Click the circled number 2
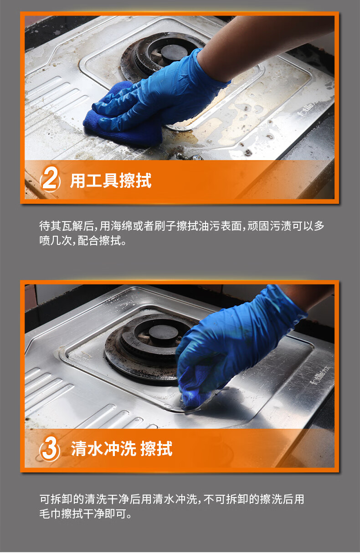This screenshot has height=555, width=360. coord(50,180)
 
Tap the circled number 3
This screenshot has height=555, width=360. coord(50,448)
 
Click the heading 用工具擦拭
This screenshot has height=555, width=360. coord(111,181)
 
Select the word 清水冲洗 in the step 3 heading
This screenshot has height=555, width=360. coord(103,449)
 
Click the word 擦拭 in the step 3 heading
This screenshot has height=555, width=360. coord(156,449)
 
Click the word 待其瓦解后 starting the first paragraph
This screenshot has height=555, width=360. coord(67,226)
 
